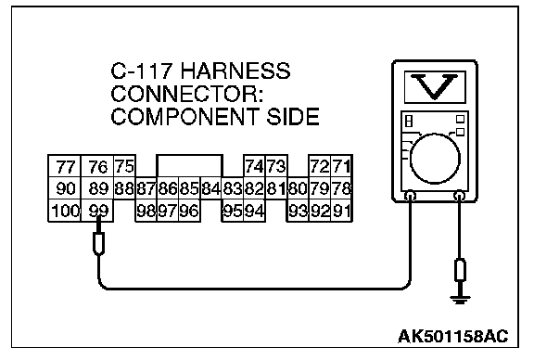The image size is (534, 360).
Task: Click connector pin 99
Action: click(97, 211)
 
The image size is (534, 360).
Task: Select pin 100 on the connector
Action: click(65, 211)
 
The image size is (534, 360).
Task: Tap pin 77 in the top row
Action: click(65, 166)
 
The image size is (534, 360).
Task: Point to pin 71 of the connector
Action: click(341, 166)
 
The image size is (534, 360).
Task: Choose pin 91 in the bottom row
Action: click(341, 211)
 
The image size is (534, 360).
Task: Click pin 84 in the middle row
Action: click(211, 188)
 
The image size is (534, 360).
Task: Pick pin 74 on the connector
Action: click(254, 166)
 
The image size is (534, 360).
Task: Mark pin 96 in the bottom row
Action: click(189, 211)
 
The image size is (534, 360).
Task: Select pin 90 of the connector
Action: click(65, 188)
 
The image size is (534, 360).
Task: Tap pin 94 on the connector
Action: click(254, 211)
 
